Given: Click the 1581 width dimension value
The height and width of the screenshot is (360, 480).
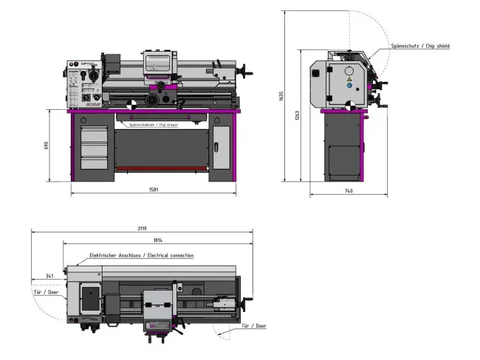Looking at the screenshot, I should coord(154,190).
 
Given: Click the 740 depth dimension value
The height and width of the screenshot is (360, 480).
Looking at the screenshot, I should coord(349,191).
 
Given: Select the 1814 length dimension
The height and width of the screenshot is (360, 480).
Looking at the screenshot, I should coord(158,240).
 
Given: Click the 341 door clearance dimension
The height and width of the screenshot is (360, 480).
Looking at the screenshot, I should coord(49,276).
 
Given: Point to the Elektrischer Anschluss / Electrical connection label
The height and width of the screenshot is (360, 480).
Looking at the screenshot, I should coord(141,255).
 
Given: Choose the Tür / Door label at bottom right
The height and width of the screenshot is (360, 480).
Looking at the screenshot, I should coord(253,325).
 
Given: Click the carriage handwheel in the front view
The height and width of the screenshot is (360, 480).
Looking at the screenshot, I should coord(155,100).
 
